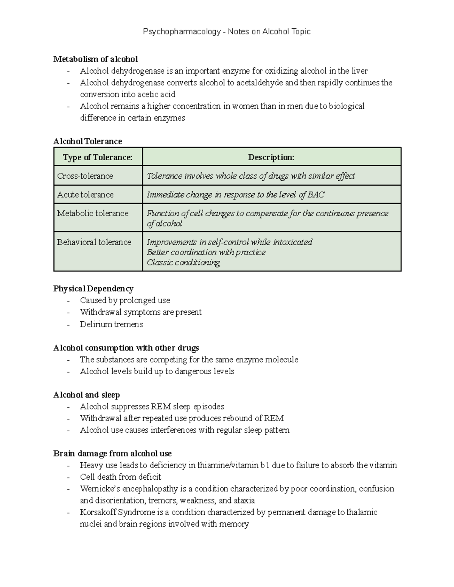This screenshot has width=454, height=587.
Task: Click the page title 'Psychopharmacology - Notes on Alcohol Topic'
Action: point(227,32)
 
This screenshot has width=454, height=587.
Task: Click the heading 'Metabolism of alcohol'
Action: point(95,59)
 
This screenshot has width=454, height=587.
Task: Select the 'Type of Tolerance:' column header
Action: point(98,157)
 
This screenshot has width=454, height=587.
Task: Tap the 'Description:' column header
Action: point(271,157)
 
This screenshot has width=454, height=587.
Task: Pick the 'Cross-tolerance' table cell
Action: point(85,176)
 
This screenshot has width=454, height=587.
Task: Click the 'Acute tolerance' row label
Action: point(85,195)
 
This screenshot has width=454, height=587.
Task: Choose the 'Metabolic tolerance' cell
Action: point(93,214)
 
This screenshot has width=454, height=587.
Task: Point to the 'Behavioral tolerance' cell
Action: point(94,242)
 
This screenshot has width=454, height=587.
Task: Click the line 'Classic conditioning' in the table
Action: point(183,263)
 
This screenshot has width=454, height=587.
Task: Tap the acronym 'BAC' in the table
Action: point(316,195)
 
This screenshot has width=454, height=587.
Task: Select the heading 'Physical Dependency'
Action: point(93,289)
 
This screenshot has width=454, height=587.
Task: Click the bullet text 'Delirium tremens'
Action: point(111,324)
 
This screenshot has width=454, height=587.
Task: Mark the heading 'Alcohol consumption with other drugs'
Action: point(126,348)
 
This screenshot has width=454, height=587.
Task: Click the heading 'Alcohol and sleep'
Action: point(87,395)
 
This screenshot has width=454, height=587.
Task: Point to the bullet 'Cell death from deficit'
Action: point(120,477)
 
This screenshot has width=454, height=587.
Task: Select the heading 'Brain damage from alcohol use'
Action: point(112,454)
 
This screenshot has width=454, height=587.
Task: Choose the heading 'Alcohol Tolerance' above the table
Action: point(87,141)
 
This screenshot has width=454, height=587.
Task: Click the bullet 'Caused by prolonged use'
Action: point(125,300)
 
